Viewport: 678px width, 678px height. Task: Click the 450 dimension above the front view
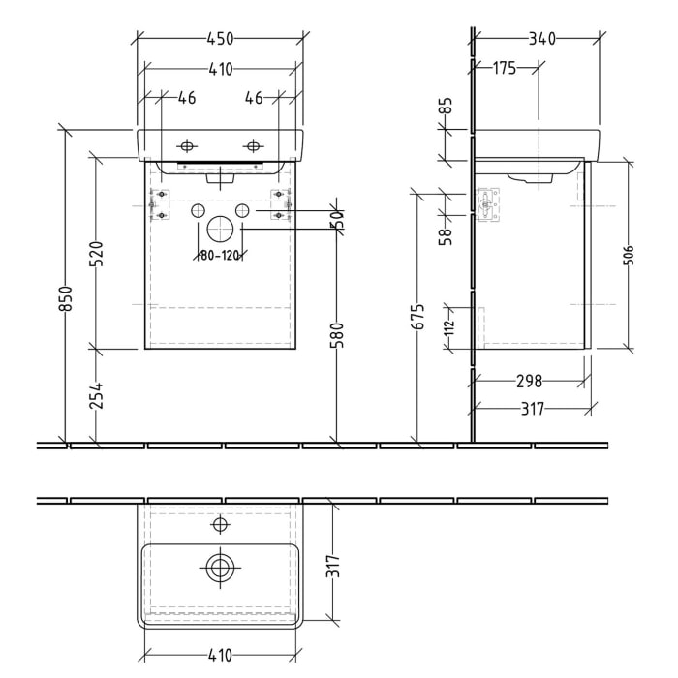click(221, 39)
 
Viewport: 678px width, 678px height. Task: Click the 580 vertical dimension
click(337, 338)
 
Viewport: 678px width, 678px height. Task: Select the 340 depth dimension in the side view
click(541, 39)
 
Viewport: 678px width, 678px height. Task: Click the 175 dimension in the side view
click(504, 68)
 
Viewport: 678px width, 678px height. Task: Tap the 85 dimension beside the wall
click(447, 105)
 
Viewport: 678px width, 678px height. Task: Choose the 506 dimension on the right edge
click(630, 255)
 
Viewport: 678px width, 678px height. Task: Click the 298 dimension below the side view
click(528, 381)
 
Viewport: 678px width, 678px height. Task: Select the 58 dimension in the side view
click(447, 235)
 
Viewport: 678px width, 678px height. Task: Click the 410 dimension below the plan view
click(220, 656)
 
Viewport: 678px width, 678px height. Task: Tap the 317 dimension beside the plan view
click(334, 565)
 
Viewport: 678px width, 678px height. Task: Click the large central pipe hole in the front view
click(220, 230)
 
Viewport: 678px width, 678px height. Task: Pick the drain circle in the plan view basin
click(220, 567)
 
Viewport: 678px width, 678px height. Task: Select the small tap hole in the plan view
click(220, 524)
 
